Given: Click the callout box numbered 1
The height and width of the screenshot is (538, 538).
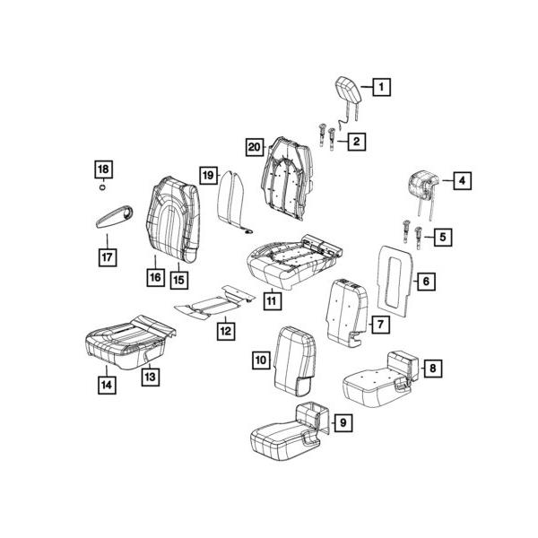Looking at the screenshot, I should [x=381, y=87].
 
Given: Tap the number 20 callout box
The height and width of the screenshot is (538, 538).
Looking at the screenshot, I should [x=254, y=147].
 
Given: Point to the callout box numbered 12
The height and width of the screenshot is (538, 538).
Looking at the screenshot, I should [x=225, y=332].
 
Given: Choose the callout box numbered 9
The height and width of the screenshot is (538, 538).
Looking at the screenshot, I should [x=343, y=421].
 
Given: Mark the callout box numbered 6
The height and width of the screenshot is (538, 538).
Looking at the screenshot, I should [x=426, y=282].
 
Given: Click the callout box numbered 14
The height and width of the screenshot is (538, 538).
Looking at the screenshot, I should [x=107, y=386].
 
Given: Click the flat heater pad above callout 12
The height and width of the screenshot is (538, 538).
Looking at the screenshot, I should [x=212, y=300].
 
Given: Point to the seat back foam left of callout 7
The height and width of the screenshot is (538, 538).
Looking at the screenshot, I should [x=344, y=309].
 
